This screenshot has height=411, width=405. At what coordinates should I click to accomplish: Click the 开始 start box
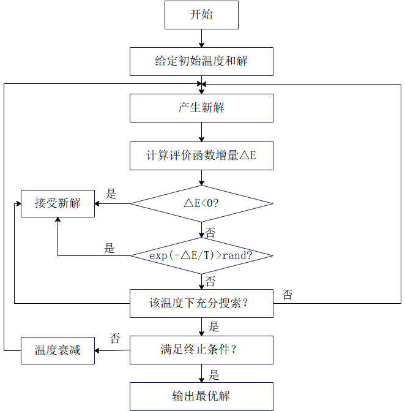pyautogui.click(x=201, y=15)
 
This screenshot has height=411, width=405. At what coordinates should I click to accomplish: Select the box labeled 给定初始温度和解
pyautogui.click(x=201, y=61)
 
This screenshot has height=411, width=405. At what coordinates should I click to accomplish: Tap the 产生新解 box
pyautogui.click(x=201, y=108)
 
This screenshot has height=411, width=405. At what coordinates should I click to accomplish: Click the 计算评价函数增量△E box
pyautogui.click(x=201, y=156)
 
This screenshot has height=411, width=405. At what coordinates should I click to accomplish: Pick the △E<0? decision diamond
pyautogui.click(x=201, y=203)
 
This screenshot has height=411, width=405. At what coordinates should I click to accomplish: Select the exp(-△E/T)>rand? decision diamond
pyautogui.click(x=201, y=255)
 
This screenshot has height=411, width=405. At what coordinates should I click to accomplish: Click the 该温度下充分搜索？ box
pyautogui.click(x=201, y=303)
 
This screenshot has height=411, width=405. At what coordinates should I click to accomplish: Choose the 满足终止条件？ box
pyautogui.click(x=201, y=350)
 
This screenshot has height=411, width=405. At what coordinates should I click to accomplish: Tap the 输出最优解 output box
pyautogui.click(x=201, y=396)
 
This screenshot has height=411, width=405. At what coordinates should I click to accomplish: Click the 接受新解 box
pyautogui.click(x=58, y=203)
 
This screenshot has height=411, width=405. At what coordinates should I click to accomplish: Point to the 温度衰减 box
pyautogui.click(x=58, y=350)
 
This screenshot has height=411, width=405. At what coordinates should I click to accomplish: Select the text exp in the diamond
pyautogui.click(x=158, y=255)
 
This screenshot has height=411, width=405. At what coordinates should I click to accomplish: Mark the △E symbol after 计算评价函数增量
pyautogui.click(x=248, y=156)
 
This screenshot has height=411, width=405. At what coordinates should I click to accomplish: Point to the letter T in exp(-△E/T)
pyautogui.click(x=207, y=255)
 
